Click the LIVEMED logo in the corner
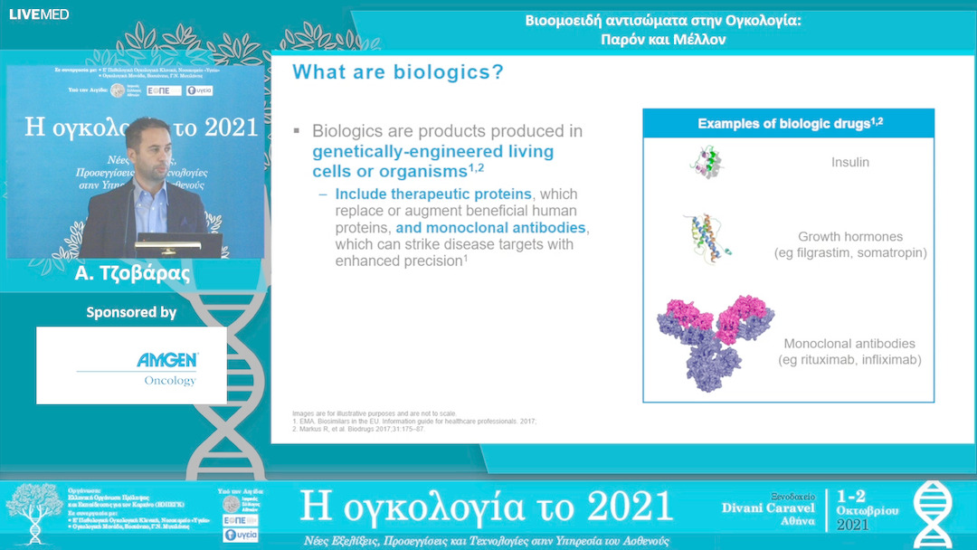[38, 14]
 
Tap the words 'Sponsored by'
[131, 312]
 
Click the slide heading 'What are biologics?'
[398, 72]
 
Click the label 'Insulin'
[850, 163]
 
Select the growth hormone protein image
[706, 238]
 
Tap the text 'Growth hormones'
[849, 237]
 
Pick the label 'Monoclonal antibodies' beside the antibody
[849, 344]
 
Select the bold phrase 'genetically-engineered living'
[432, 151]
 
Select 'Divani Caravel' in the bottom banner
[768, 507]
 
